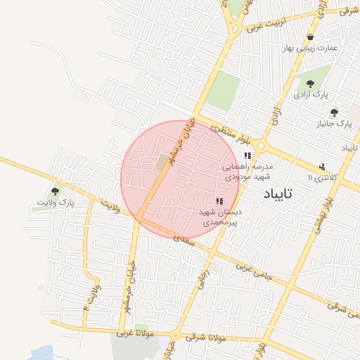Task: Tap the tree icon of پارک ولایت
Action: (x=56, y=190)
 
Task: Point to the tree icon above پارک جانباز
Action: (x=334, y=112)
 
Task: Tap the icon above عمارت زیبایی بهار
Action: (x=311, y=37)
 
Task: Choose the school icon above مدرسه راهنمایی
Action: (x=247, y=155)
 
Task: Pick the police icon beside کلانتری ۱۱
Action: (x=322, y=167)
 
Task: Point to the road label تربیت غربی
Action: (x=264, y=27)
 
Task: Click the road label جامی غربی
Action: (x=250, y=268)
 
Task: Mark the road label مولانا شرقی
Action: (x=207, y=338)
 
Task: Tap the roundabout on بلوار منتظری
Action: (x=261, y=146)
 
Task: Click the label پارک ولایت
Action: (x=56, y=202)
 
